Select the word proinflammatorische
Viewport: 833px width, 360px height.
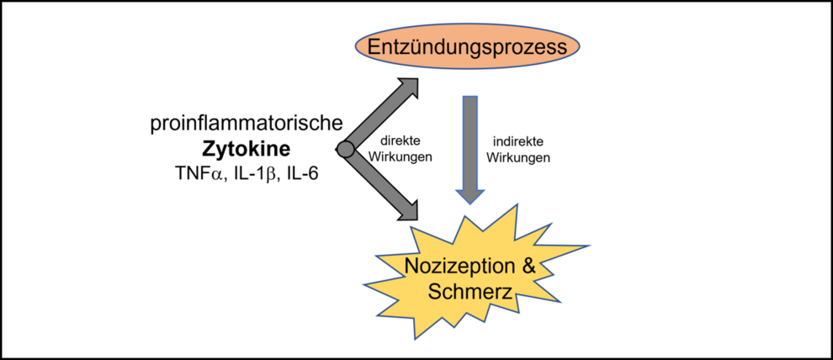(x=247, y=124)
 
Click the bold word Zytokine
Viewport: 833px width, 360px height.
(x=246, y=149)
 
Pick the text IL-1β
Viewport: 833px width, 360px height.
(x=253, y=174)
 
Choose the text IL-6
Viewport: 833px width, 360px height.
(x=302, y=174)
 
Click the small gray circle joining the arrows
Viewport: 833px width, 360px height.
(x=344, y=150)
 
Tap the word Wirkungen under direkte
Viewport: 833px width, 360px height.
(x=401, y=156)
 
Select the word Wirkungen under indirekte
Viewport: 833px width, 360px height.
(x=519, y=156)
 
